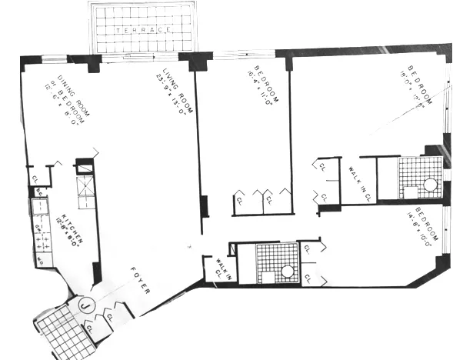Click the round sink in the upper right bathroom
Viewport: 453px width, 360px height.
click(x=429, y=185)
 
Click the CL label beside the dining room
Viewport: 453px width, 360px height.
click(x=35, y=180)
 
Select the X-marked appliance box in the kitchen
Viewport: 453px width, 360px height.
click(x=84, y=185)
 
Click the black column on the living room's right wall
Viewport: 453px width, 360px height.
click(x=204, y=207)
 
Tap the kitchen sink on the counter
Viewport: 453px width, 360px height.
click(x=38, y=206)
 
